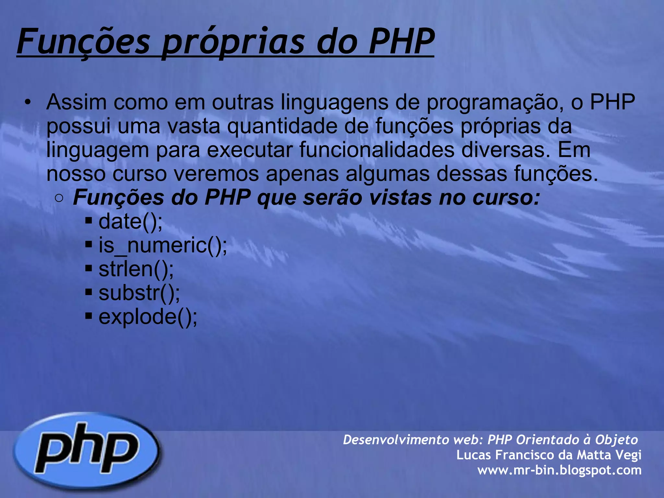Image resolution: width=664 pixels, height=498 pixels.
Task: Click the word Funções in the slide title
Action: pos(84,41)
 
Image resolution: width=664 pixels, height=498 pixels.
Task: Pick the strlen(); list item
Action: pos(136,269)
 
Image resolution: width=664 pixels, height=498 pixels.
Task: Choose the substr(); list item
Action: pos(139,293)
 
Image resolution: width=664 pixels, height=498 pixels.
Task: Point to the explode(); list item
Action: pos(148,317)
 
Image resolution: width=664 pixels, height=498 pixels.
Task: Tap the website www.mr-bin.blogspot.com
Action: pos(559,470)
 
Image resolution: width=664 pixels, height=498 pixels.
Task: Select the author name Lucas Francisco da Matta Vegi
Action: pos(549,455)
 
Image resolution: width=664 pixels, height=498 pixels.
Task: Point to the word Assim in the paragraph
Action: pos(77,102)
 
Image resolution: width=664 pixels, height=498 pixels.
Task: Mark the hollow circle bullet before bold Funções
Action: pos(59,198)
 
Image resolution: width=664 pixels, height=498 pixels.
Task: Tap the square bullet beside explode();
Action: pos(89,316)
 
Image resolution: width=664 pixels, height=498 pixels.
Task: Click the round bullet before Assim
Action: pos(28,102)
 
